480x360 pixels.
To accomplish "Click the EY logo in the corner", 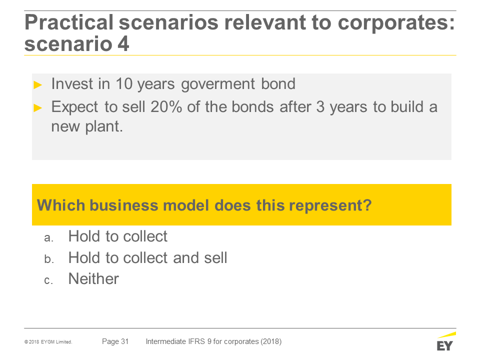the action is pos(446,341).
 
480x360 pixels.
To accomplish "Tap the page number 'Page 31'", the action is pos(115,341).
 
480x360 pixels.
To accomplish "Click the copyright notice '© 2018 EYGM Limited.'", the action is pos(48,342).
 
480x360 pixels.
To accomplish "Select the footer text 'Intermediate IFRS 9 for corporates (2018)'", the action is pos(213,341).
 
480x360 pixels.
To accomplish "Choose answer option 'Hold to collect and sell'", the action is pos(148,258).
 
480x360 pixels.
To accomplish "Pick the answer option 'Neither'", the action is pos(93,279).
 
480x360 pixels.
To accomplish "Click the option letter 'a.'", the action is pos(49,238).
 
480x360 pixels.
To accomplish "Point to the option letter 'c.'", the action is pos(48,280).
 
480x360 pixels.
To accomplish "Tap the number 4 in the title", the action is pos(123,44).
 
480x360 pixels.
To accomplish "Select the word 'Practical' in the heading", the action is pos(69,22).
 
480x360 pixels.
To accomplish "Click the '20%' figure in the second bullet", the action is pos(166,107).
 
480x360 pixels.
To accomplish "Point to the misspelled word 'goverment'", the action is pos(218,84).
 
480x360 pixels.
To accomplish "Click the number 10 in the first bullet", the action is pos(124,84).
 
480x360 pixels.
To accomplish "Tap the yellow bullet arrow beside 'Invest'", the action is pos(37,85).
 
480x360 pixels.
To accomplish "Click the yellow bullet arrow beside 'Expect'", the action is pos(37,108).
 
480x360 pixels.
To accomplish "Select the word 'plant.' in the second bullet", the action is pos(104,126).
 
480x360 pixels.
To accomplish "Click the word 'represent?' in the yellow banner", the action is pos(330,205).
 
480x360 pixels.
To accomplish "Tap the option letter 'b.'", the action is pos(49,259).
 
